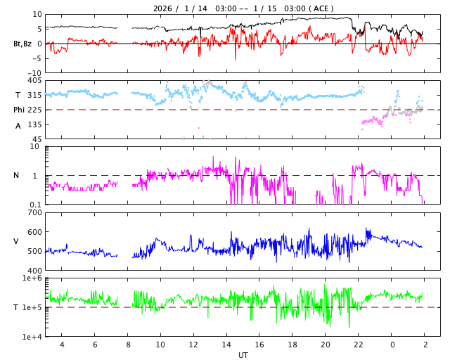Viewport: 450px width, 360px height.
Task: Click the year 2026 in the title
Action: [164, 8]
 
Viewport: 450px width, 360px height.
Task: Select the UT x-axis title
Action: [243, 355]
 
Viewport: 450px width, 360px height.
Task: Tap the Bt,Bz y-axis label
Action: [22, 44]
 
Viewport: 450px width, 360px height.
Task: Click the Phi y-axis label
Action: [20, 110]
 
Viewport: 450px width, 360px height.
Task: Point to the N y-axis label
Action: [17, 176]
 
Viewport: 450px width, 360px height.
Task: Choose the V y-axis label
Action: [16, 241]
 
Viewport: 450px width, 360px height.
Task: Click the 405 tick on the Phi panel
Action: [34, 81]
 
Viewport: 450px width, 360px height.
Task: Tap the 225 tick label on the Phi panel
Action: [34, 110]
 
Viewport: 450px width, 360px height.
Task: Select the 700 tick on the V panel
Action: [34, 213]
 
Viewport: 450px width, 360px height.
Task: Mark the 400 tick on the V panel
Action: [34, 271]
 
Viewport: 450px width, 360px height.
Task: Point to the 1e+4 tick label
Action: [32, 337]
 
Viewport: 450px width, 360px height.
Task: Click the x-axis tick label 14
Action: [226, 345]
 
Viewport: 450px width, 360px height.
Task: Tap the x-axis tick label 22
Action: [358, 345]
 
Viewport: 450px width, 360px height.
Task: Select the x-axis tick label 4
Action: [62, 345]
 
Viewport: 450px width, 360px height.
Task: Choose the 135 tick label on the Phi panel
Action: [34, 124]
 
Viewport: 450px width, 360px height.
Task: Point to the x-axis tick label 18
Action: [292, 345]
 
